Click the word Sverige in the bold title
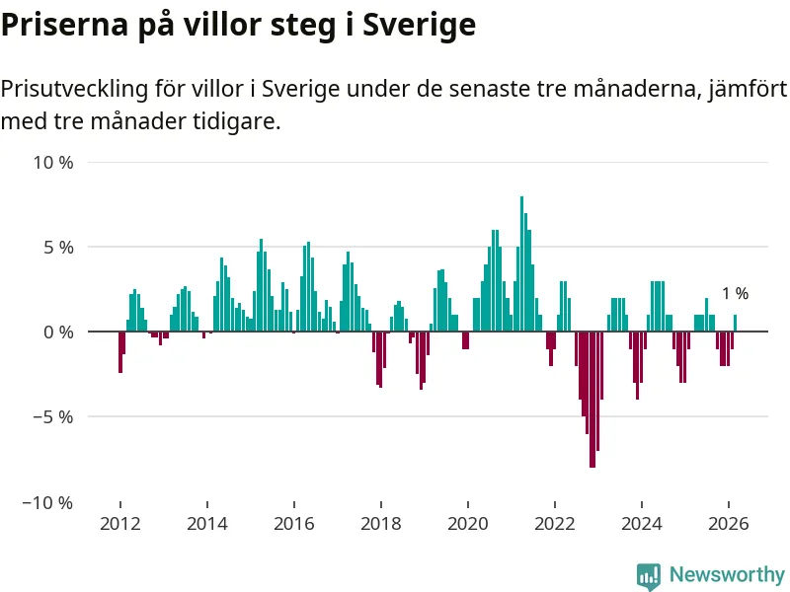420,26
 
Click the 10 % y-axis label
53,162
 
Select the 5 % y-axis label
58,247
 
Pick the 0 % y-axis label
58,332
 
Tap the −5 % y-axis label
53,416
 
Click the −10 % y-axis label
49,502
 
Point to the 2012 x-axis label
119,524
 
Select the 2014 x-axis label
206,524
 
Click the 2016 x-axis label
293,524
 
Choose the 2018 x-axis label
380,524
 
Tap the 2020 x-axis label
467,524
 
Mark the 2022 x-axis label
555,524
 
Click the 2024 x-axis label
642,524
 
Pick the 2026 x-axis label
729,524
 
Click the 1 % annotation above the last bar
735,293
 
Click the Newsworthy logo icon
649,575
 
